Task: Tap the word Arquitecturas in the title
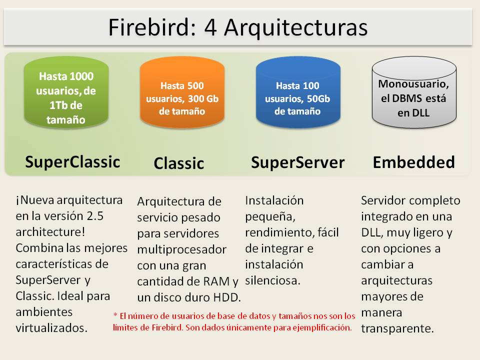point(295,27)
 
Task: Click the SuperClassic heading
point(72,161)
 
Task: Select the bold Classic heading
point(178,163)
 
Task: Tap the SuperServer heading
point(297,162)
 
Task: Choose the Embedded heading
point(414,162)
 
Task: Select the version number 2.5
point(105,216)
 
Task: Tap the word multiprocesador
point(181,248)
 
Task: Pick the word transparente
point(397,328)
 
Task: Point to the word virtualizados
point(51,327)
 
